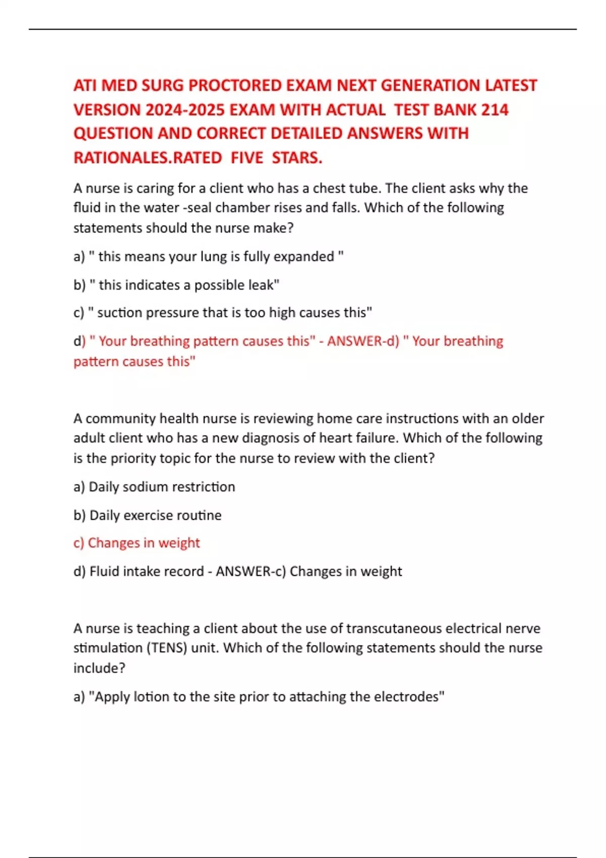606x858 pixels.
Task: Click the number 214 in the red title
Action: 495,110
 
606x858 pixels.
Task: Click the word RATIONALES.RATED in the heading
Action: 147,157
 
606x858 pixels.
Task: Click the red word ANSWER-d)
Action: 363,341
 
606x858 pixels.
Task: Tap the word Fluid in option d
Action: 104,571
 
